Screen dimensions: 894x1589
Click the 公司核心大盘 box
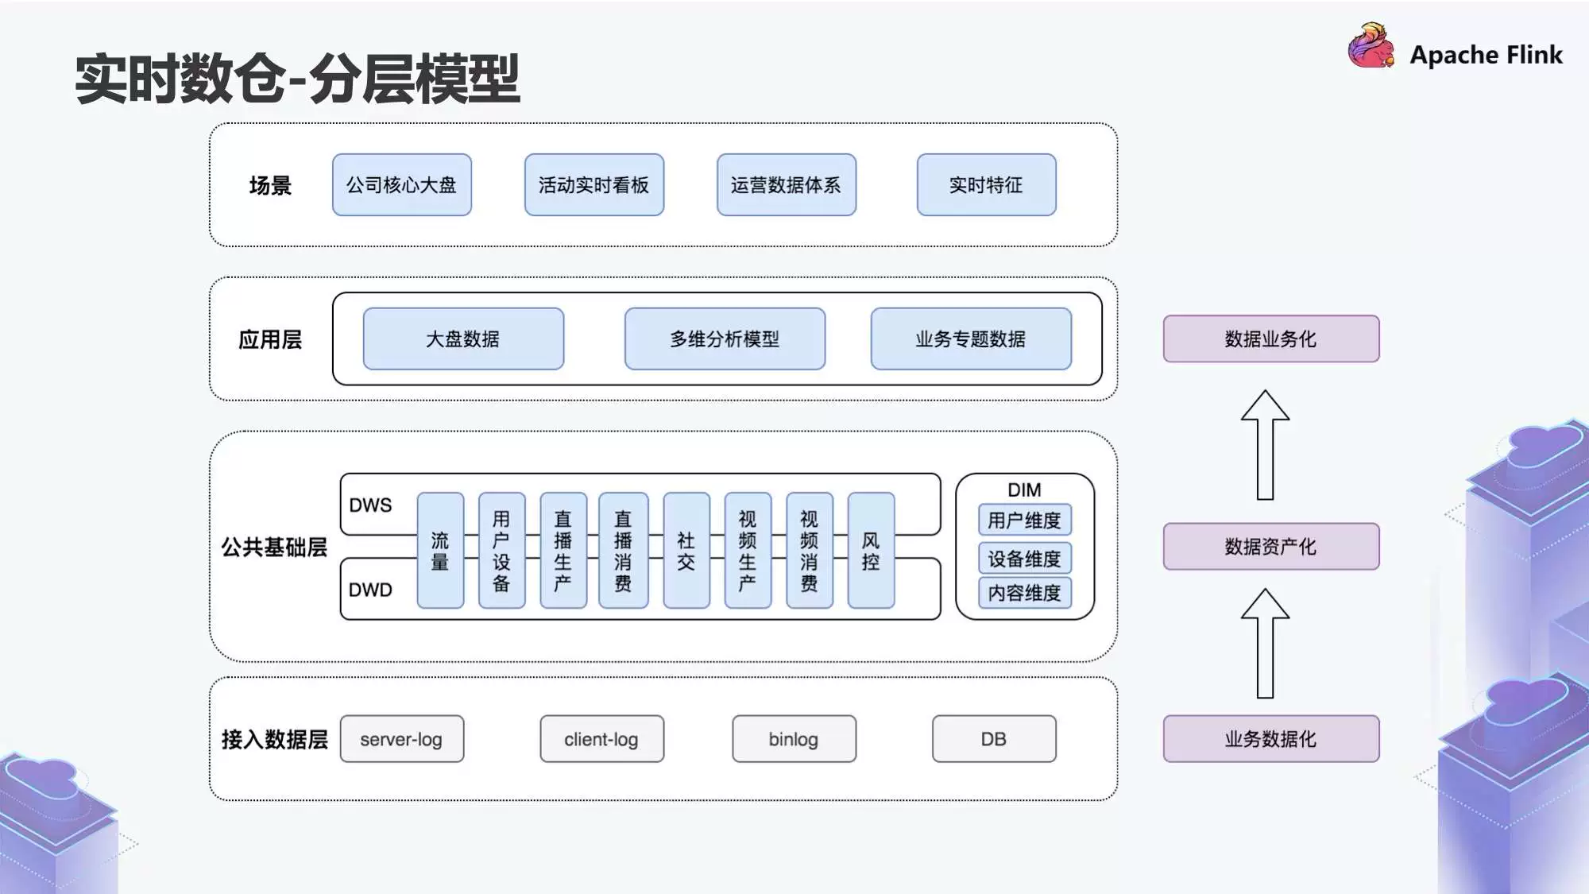point(402,185)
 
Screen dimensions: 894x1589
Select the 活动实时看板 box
point(593,185)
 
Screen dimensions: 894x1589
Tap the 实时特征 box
point(986,185)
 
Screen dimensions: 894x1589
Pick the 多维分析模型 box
point(725,339)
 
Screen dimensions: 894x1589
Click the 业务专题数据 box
point(970,339)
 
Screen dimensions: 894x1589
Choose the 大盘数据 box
point(463,339)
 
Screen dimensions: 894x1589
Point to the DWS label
point(370,505)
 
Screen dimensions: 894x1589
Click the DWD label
point(370,590)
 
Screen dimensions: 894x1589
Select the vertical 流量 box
point(440,551)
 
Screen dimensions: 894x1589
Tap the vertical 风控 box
point(871,551)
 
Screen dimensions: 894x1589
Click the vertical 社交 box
point(686,551)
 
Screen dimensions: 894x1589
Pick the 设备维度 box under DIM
point(1024,559)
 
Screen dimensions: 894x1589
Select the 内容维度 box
point(1024,593)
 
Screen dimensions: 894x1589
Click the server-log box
point(401,739)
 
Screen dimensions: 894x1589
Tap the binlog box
point(794,739)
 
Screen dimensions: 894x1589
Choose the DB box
point(994,739)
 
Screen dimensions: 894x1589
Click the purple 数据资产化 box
point(1270,547)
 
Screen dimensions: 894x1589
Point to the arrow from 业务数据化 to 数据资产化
point(1265,644)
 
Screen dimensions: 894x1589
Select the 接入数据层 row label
point(274,739)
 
